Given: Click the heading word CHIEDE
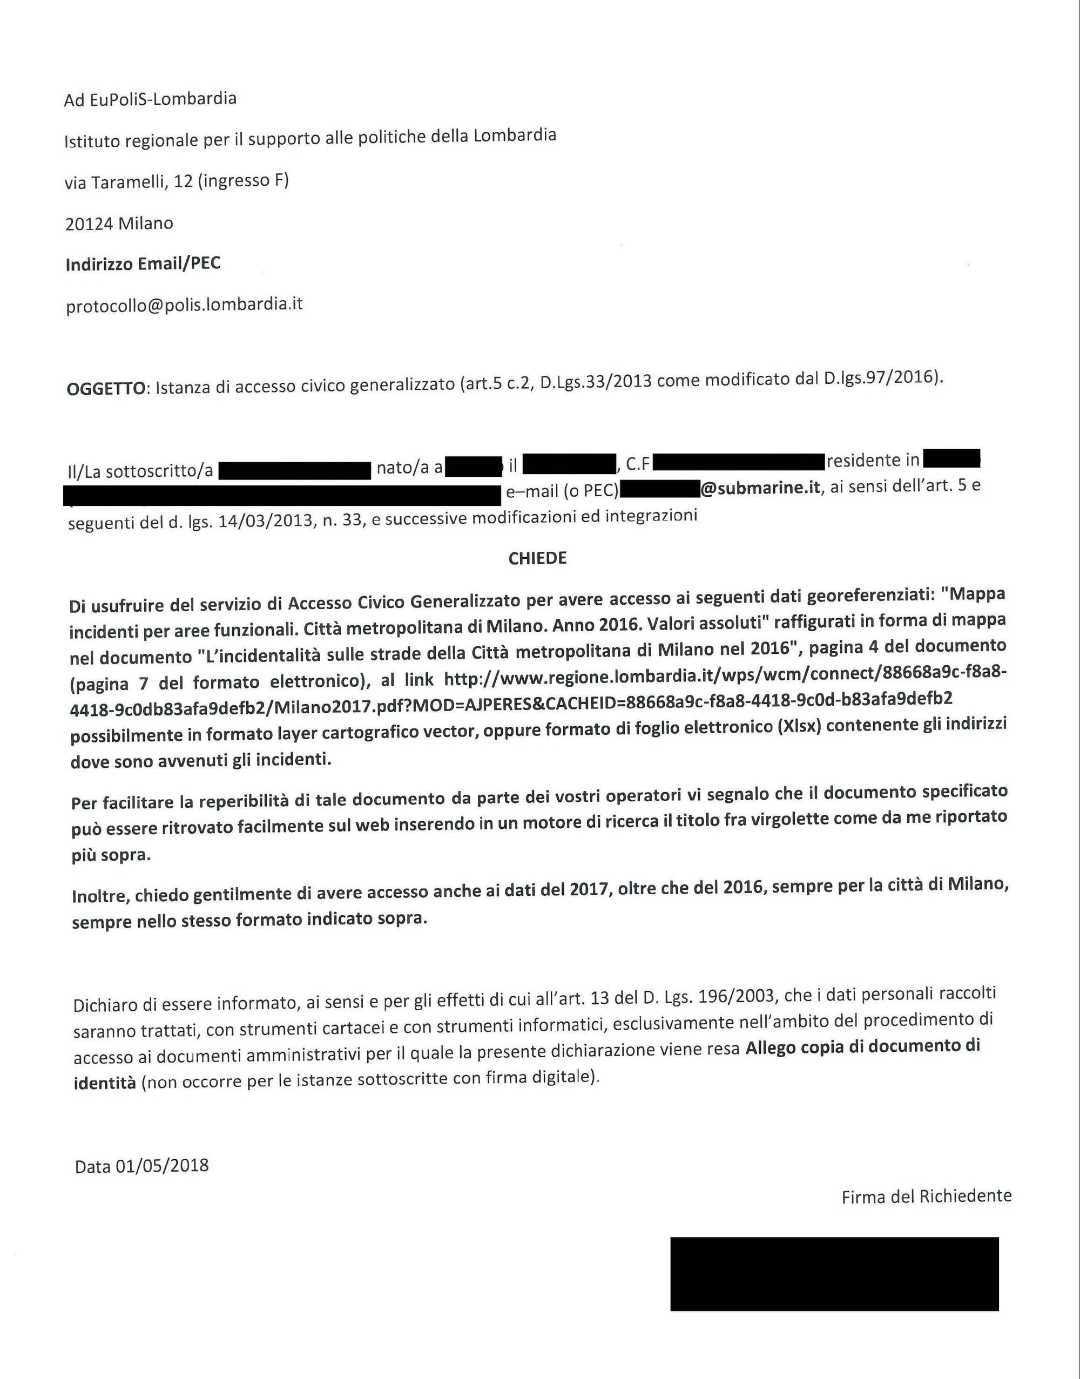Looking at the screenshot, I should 537,558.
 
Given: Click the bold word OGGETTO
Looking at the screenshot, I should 106,388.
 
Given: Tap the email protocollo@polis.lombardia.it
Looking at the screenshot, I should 184,305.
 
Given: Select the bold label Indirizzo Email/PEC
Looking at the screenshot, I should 143,263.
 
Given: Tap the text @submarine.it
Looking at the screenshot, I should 759,488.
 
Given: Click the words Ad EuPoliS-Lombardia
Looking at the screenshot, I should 150,99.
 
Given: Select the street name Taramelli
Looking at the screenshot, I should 130,182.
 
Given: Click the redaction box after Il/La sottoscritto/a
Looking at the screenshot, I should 295,471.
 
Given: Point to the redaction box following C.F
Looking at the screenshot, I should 739,463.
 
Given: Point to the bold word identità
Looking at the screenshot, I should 104,1083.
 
